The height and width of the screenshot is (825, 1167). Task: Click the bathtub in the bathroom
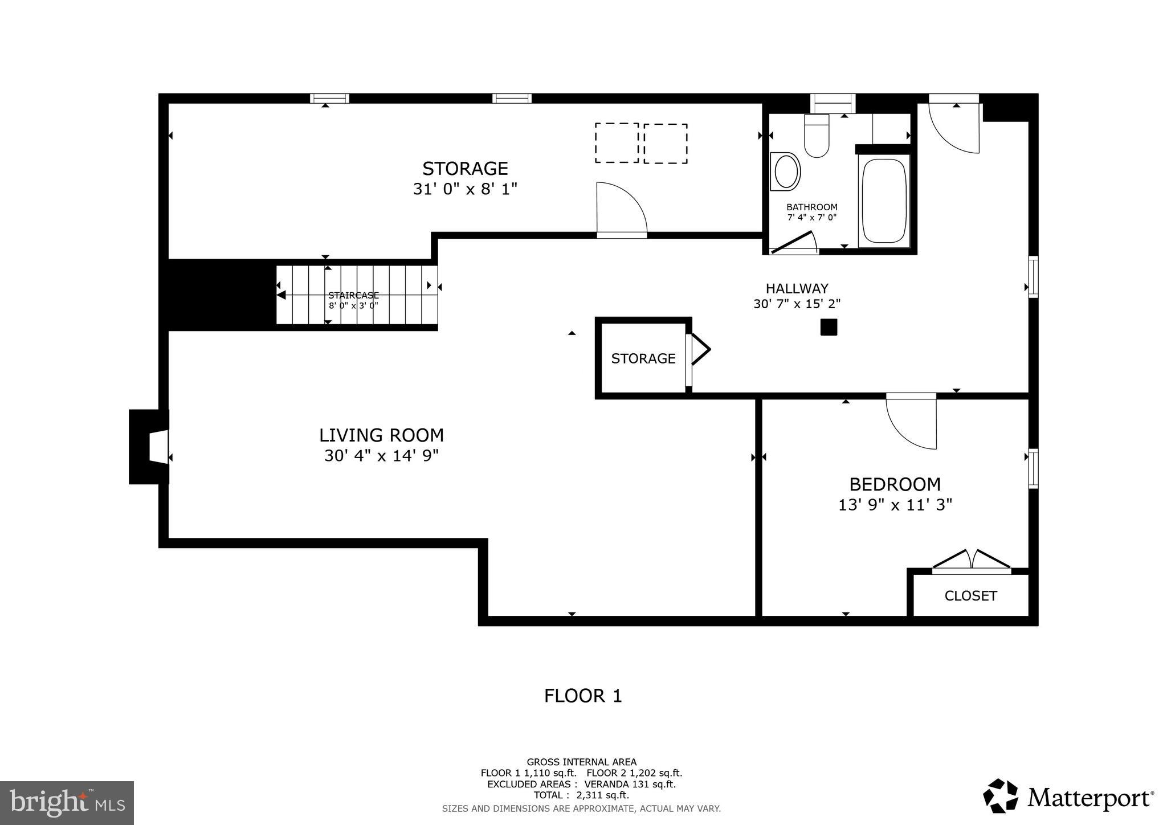pyautogui.click(x=883, y=201)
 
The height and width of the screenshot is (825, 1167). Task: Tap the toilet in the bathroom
pyautogui.click(x=817, y=137)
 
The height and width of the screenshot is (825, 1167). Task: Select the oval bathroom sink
pyautogui.click(x=786, y=171)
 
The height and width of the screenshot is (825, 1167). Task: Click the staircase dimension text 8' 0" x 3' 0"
pyautogui.click(x=353, y=305)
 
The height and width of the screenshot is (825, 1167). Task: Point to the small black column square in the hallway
pyautogui.click(x=829, y=327)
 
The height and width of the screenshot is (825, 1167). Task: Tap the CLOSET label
pyautogui.click(x=970, y=596)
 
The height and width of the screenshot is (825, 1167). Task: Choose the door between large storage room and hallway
pyautogui.click(x=621, y=209)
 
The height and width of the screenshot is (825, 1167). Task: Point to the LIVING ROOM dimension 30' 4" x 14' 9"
pyautogui.click(x=381, y=456)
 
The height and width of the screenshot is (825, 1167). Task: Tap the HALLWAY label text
pyautogui.click(x=797, y=288)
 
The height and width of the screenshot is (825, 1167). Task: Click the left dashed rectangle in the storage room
pyautogui.click(x=617, y=143)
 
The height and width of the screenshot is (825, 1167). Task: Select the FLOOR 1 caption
pyautogui.click(x=583, y=696)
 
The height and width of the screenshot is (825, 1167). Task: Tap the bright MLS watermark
pyautogui.click(x=67, y=803)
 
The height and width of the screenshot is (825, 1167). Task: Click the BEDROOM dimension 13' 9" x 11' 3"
pyautogui.click(x=895, y=505)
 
